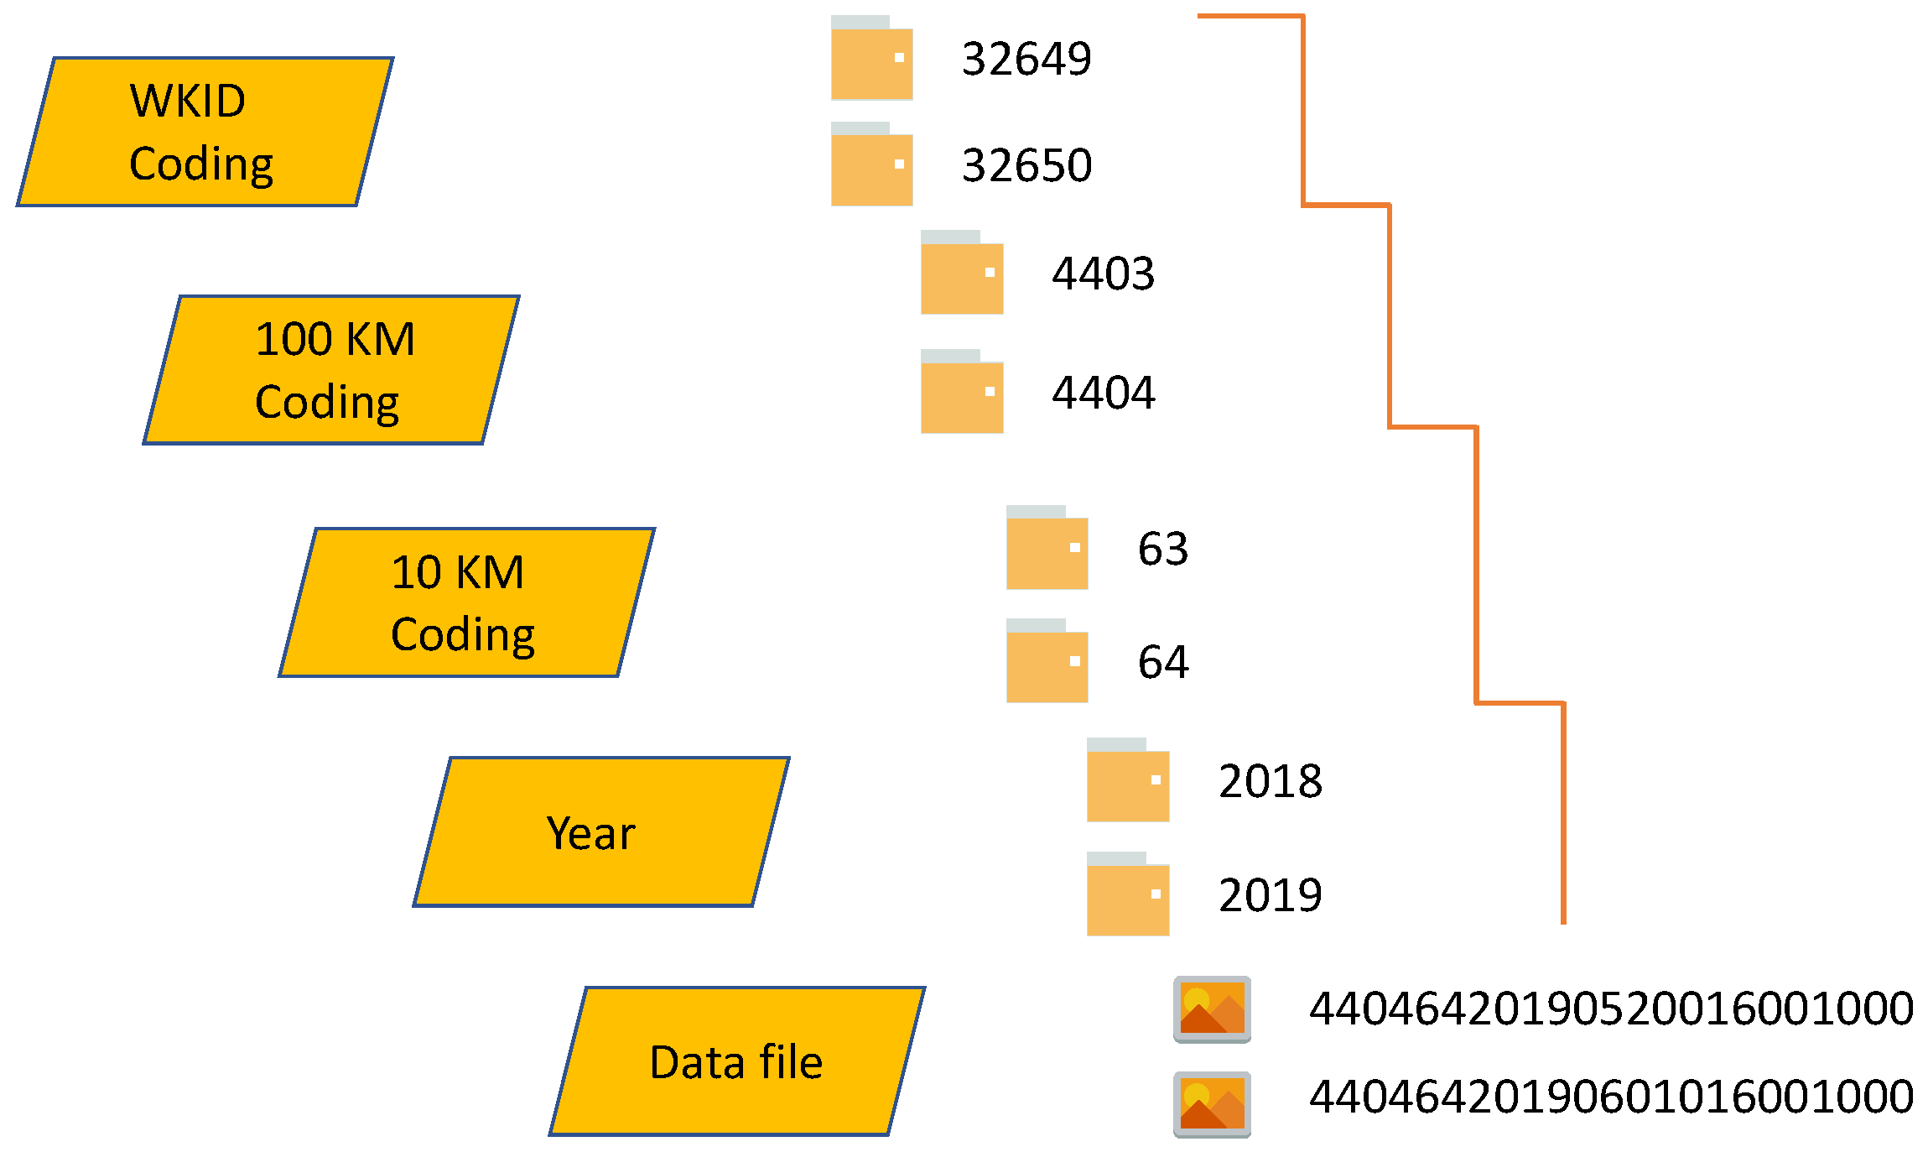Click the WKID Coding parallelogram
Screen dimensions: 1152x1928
pos(205,132)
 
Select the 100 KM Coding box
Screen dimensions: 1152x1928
pos(331,370)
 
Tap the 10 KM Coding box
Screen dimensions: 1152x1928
pos(466,602)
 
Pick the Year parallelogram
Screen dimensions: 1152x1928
pos(600,832)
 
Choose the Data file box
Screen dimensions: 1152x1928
pos(736,1061)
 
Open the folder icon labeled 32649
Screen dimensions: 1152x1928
pos(871,59)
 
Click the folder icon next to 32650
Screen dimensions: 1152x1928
pos(871,165)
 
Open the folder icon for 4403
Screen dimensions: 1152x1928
pos(961,274)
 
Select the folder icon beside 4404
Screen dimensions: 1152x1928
pos(961,393)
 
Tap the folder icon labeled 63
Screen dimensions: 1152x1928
pos(1047,549)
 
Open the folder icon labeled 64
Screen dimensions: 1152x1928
pos(1047,662)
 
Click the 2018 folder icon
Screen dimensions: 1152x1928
pos(1127,781)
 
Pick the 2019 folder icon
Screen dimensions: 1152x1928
pos(1127,895)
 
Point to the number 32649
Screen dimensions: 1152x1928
pos(1026,59)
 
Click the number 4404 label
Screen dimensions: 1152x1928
pos(1104,393)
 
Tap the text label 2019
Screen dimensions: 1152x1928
pos(1270,895)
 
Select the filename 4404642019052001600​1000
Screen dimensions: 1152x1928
pos(1611,1009)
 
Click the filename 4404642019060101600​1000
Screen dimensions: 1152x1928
pos(1611,1097)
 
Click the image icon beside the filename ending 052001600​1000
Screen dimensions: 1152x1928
pos(1212,1009)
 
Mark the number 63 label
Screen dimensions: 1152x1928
pos(1163,550)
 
